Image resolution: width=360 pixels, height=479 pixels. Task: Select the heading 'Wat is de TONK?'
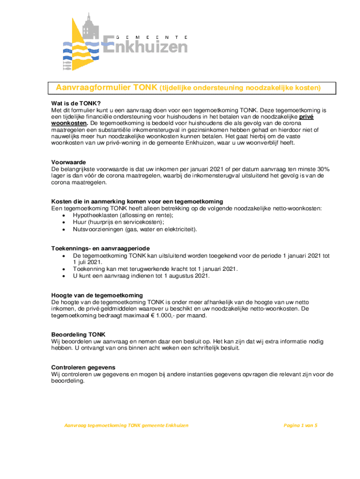(76, 103)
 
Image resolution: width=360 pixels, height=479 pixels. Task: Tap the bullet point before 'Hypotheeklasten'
(64, 215)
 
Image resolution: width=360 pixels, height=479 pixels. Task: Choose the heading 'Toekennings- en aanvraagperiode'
(101, 248)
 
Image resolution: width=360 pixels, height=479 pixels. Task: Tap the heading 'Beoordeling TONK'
(78, 335)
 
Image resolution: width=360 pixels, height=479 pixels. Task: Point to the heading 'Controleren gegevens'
(83, 367)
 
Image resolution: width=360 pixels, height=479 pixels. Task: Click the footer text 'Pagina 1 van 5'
(301, 425)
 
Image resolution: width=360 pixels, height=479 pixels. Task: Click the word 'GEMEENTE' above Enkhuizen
(151, 37)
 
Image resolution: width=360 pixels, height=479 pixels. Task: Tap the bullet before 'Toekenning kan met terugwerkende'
(64, 269)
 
